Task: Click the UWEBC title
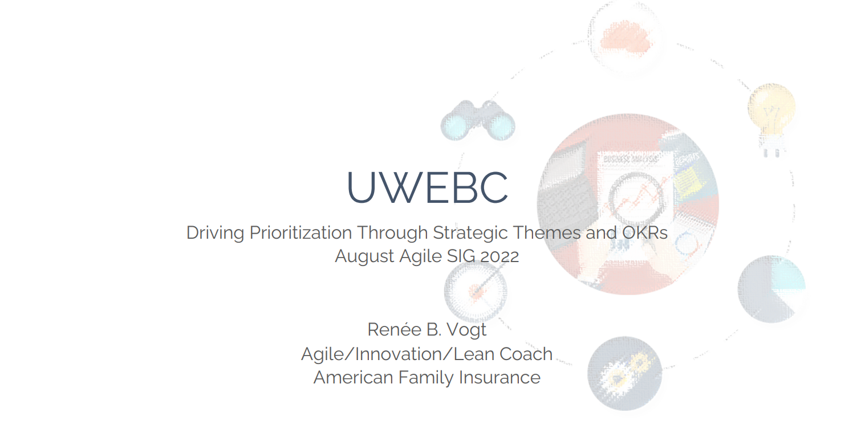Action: (428, 187)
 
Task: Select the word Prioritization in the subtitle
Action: (300, 234)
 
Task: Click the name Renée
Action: (395, 329)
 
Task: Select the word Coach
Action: (526, 354)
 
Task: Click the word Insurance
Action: (499, 377)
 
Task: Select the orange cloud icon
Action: (626, 38)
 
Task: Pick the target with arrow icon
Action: (476, 291)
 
